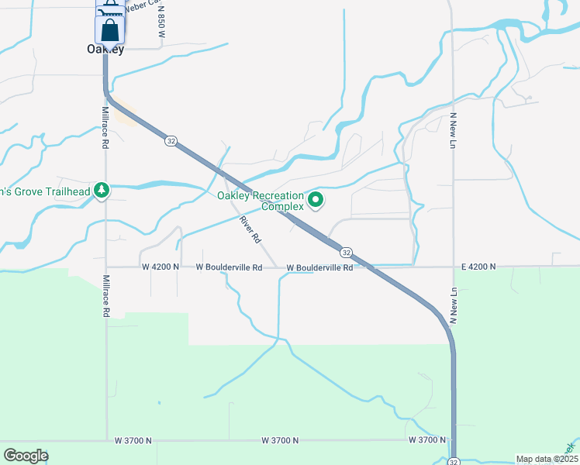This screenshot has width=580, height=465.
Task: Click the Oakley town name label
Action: [x=105, y=50]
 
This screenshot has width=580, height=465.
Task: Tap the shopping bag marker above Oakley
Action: [x=110, y=30]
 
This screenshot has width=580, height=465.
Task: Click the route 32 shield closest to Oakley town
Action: [x=170, y=141]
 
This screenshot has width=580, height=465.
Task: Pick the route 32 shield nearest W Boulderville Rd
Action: [x=346, y=253]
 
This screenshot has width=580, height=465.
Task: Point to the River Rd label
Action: [x=249, y=230]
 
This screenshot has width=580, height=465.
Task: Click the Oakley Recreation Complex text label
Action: [x=260, y=201]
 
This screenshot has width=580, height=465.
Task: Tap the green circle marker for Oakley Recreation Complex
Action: [x=316, y=201]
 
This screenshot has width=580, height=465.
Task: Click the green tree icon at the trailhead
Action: [x=101, y=191]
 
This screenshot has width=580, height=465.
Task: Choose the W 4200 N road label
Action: [x=161, y=267]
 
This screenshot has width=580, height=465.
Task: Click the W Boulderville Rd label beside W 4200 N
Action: [x=229, y=267]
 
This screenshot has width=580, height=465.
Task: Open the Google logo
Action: [x=26, y=456]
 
